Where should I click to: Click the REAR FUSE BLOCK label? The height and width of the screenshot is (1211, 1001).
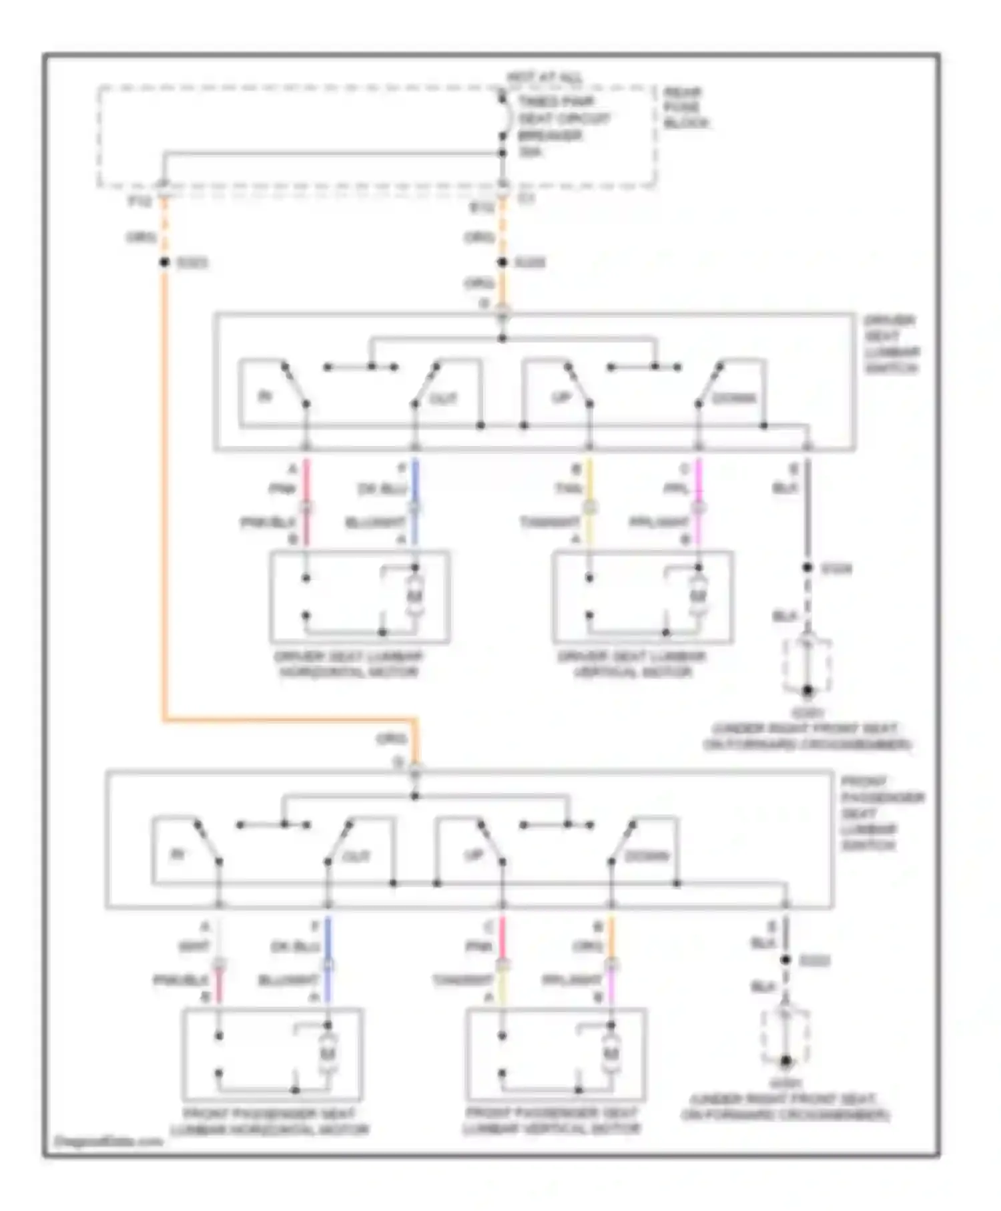[685, 107]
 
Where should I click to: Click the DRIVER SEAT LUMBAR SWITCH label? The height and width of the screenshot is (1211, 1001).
[892, 344]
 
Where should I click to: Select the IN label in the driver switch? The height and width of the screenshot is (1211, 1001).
[265, 397]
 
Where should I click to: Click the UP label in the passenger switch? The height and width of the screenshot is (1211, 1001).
[474, 855]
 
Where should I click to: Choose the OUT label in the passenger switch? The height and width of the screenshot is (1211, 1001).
[355, 857]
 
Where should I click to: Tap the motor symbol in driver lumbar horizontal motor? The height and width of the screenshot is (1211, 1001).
[414, 595]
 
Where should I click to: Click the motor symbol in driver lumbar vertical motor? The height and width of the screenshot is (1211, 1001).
[697, 595]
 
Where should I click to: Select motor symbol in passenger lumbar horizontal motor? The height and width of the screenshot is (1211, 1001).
[327, 1053]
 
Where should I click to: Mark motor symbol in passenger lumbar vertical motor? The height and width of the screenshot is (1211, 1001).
[610, 1053]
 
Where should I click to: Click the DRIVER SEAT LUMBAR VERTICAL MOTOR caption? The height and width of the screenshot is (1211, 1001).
[632, 664]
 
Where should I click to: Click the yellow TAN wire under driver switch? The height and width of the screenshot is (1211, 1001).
[590, 481]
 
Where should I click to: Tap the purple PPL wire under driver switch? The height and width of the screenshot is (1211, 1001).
[699, 481]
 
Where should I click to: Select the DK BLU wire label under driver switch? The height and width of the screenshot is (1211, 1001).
[382, 489]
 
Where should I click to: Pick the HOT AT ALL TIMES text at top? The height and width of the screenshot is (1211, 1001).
[544, 78]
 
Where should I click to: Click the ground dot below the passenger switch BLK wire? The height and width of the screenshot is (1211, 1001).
[785, 1061]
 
